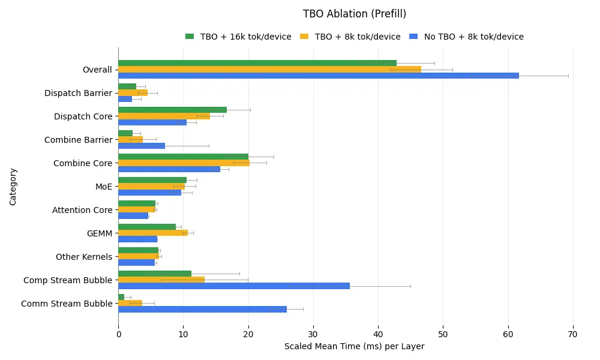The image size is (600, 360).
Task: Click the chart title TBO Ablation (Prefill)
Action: pos(355,14)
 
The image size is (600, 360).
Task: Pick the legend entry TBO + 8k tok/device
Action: pos(358,37)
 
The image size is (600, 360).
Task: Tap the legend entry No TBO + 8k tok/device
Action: pos(473,37)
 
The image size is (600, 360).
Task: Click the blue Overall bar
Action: pos(318,76)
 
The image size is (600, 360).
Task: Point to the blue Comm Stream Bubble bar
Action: pos(202,310)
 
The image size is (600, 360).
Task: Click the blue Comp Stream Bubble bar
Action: pos(234,286)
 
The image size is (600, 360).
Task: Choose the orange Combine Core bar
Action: pos(184,163)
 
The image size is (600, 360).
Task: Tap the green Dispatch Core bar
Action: pos(172,110)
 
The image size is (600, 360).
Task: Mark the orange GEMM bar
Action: pos(153,233)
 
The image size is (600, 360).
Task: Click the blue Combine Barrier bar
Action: pos(142,146)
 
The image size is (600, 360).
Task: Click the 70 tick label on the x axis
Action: pos(573,334)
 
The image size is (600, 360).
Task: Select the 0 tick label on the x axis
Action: pos(118,334)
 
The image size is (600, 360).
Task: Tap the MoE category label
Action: pos(104,187)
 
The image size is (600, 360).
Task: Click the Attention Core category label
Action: pos(82,210)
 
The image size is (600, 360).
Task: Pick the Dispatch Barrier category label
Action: pos(78,93)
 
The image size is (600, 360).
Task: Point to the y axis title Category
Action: pos(13,187)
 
